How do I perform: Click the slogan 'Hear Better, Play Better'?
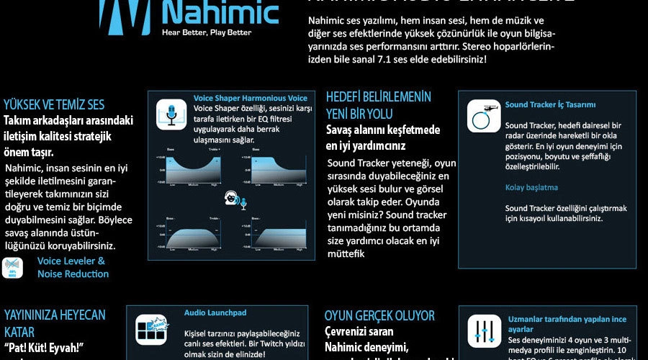207,32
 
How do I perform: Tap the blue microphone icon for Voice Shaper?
171,114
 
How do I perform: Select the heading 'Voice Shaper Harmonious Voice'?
250,98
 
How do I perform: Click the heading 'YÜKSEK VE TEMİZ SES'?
54,105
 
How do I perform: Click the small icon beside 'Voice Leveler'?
12,267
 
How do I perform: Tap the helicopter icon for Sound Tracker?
484,116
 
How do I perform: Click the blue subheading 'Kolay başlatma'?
531,187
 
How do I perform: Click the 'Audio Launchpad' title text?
215,313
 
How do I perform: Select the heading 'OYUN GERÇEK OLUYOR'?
379,315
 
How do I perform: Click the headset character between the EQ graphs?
234,199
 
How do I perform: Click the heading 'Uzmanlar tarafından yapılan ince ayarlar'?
567,324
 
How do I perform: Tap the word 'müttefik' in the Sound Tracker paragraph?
346,253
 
